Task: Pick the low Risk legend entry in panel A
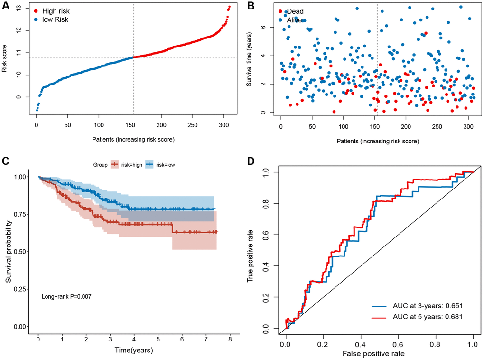[56, 19]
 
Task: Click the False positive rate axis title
[379, 353]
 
